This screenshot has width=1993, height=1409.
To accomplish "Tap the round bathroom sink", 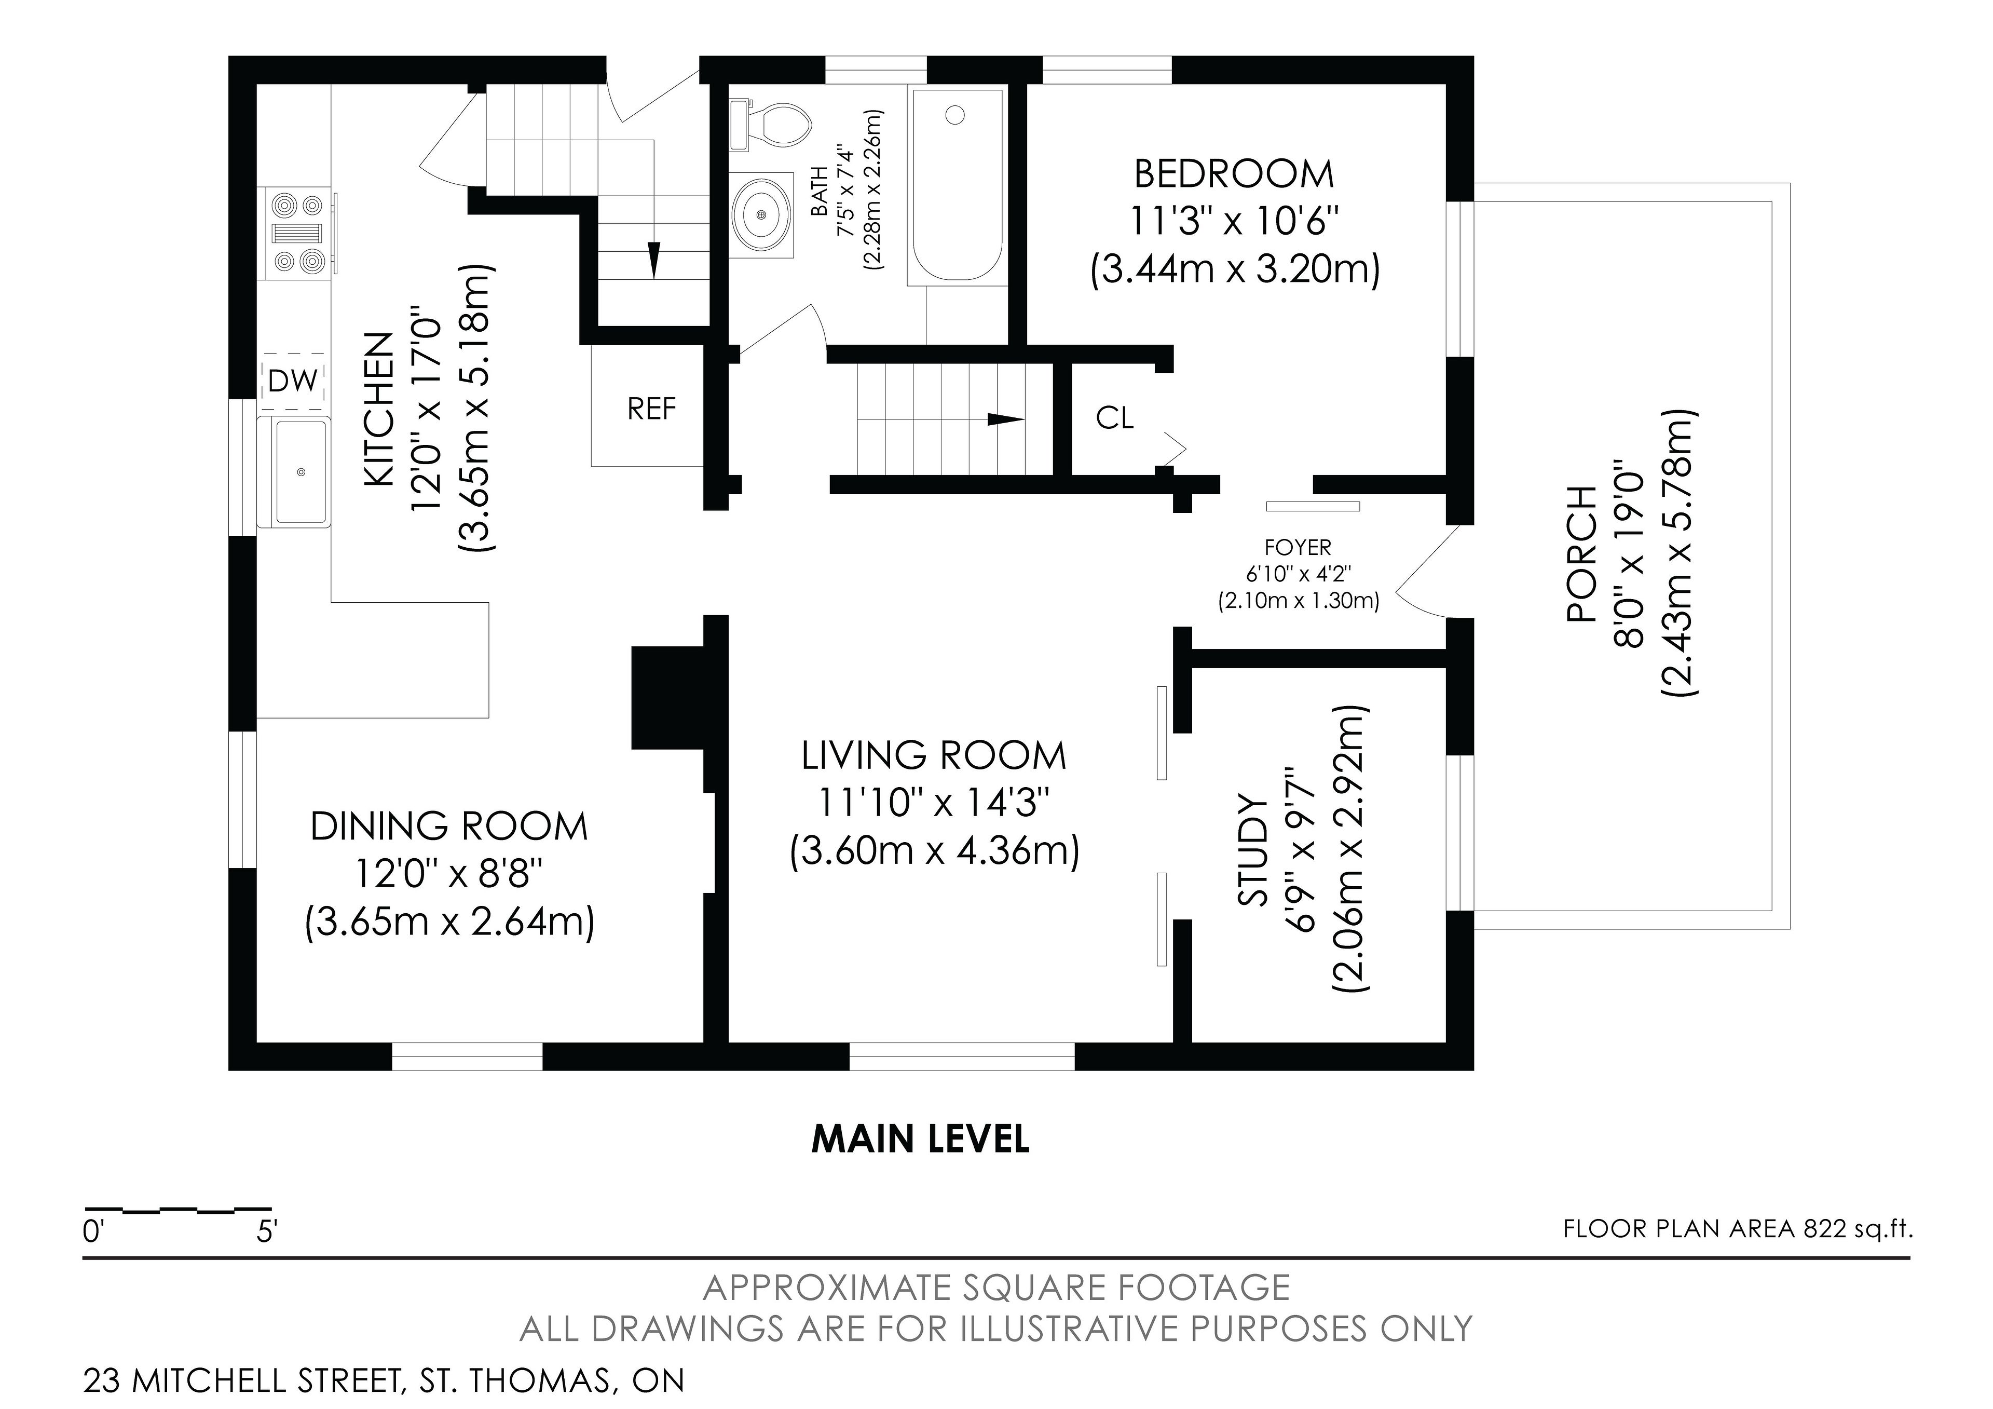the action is [x=762, y=213].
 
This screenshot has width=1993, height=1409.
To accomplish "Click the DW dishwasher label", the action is [x=293, y=380].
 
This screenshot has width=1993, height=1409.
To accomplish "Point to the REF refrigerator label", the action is [x=651, y=409].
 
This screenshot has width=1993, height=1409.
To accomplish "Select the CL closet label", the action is [x=1114, y=417].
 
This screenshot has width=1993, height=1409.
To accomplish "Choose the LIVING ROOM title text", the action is [x=933, y=756].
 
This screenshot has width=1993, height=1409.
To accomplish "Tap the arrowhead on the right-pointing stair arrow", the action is [x=1007, y=419].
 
